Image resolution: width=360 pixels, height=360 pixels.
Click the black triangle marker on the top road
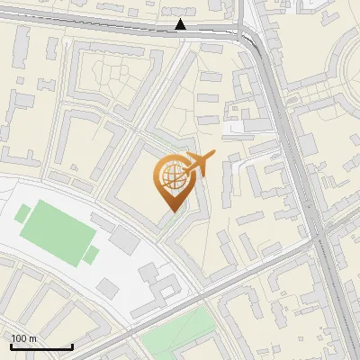(181, 24)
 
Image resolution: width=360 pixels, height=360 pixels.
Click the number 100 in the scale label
(19, 338)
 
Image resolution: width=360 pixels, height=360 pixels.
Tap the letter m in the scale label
(32, 338)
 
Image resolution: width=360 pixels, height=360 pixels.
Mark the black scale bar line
(40, 347)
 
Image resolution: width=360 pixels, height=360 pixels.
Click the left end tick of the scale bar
(10, 346)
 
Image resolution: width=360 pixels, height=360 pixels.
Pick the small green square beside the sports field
(91, 255)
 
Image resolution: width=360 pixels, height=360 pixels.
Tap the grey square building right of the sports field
(124, 239)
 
